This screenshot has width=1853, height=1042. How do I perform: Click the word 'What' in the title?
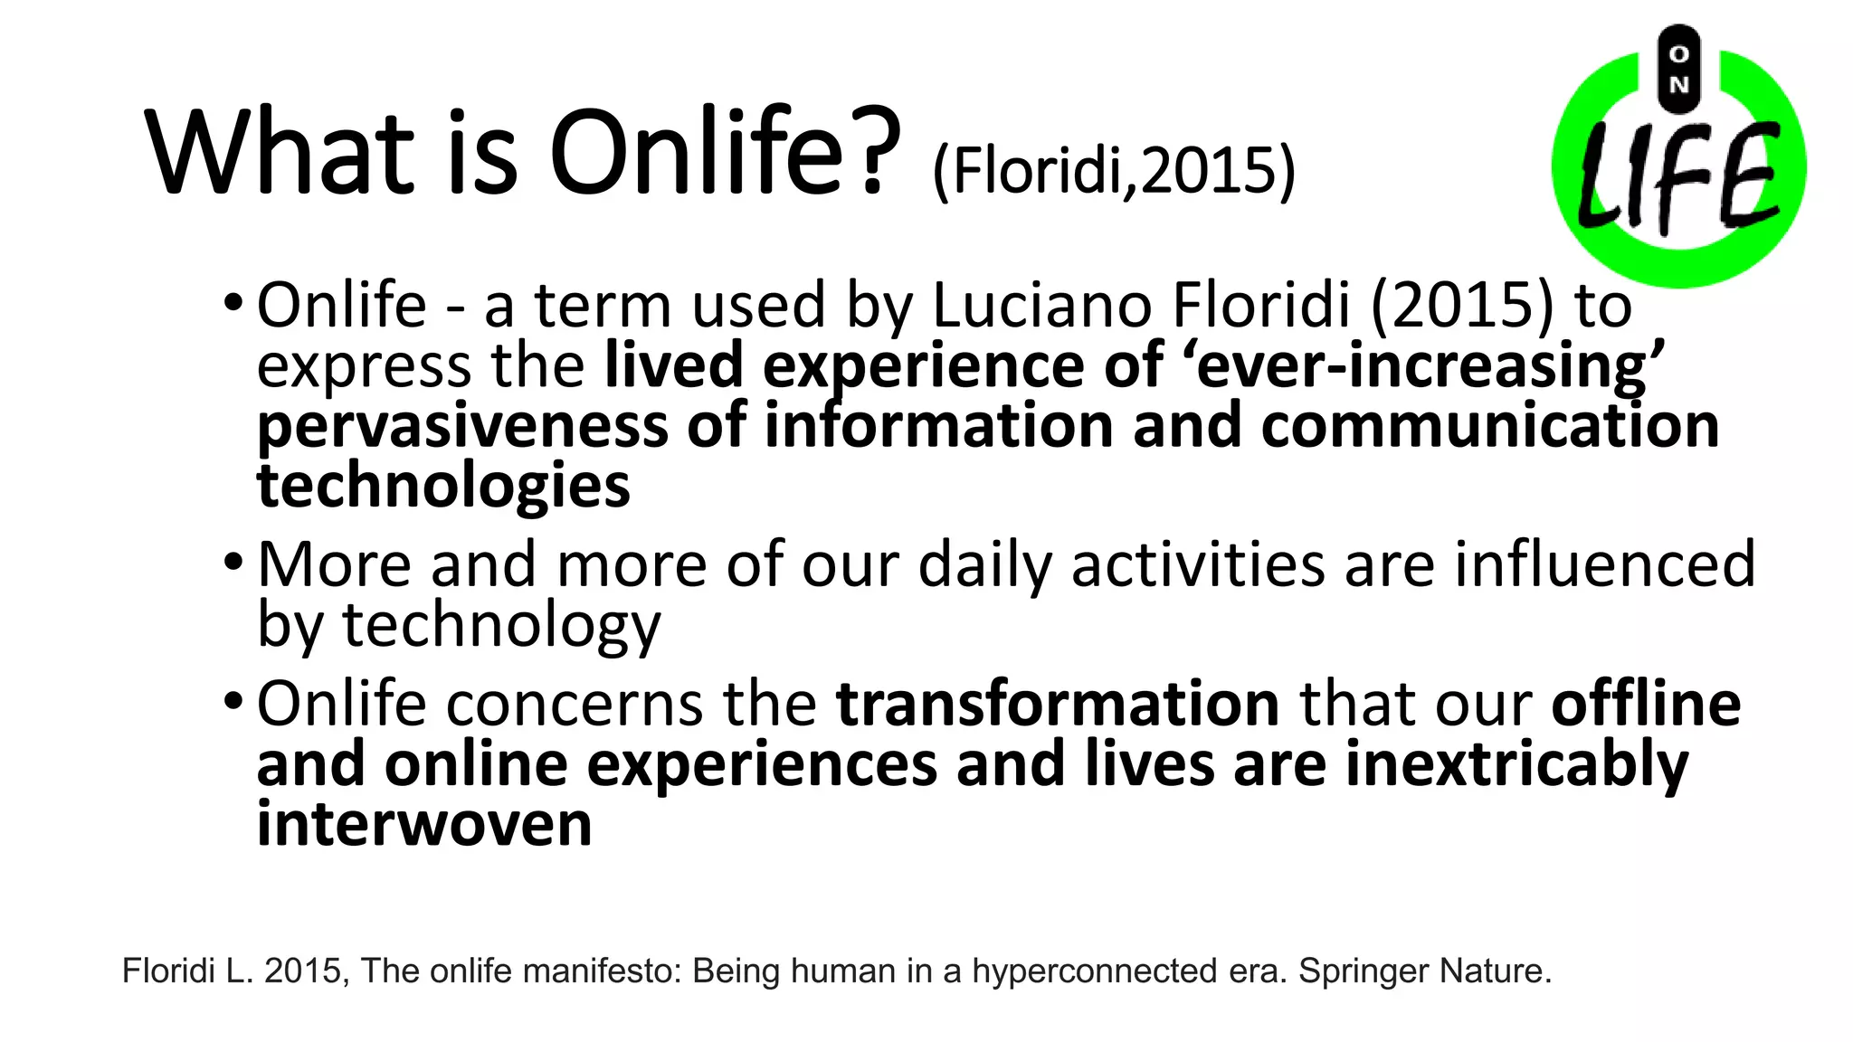[280, 151]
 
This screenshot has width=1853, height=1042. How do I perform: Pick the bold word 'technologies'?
[443, 486]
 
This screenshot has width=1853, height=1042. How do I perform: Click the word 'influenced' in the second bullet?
[1604, 564]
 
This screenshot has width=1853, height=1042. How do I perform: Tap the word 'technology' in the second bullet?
[501, 624]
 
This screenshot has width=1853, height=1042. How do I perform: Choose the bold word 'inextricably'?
[1516, 764]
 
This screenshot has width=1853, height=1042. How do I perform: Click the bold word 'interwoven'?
[424, 824]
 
